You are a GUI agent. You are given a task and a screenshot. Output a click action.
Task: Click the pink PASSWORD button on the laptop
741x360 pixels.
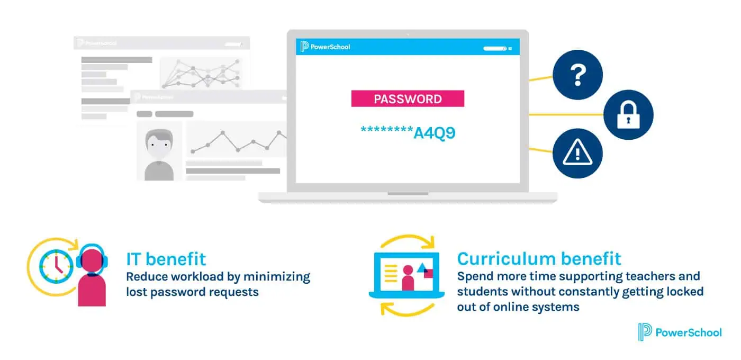[x=408, y=98]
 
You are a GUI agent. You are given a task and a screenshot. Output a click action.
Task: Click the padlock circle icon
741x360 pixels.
[x=628, y=115]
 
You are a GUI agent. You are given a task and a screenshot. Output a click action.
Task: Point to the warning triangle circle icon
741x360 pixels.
[x=577, y=154]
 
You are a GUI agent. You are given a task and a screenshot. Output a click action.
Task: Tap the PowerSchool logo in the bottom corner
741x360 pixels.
[x=680, y=332]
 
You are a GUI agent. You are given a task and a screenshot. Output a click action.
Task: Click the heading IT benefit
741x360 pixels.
[x=166, y=259]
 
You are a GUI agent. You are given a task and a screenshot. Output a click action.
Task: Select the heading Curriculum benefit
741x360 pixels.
[x=539, y=258]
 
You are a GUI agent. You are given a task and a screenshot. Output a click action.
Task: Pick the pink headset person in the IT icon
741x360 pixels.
[x=91, y=275]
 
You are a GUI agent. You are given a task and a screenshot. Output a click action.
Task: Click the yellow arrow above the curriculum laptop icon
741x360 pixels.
[x=408, y=242]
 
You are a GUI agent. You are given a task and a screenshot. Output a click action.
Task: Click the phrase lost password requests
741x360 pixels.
[x=192, y=292]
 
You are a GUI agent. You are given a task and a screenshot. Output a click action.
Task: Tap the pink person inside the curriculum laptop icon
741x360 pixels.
[x=408, y=278]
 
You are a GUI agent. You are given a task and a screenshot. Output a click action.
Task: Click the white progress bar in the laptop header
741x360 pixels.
[x=494, y=48]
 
